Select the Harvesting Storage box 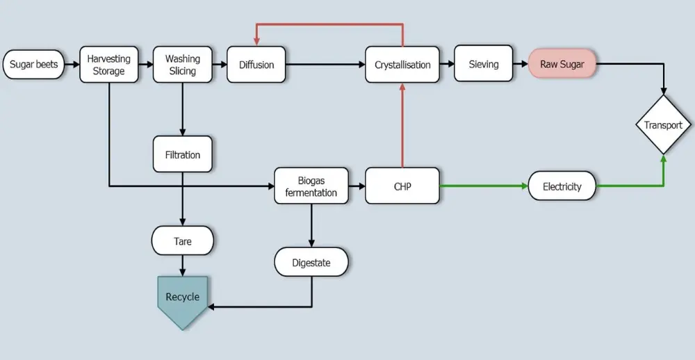[109, 65]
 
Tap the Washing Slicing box [182, 65]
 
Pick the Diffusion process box [256, 65]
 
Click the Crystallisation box [402, 65]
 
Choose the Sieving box [483, 64]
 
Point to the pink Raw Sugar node [562, 64]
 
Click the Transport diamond [663, 125]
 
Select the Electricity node [562, 186]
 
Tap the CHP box [402, 186]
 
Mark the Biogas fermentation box [311, 186]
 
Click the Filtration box [182, 154]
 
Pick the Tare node [182, 241]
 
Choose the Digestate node [311, 263]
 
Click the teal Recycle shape [182, 299]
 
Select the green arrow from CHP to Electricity [483, 186]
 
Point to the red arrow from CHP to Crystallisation [402, 125]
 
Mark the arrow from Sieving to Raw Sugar [521, 64]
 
